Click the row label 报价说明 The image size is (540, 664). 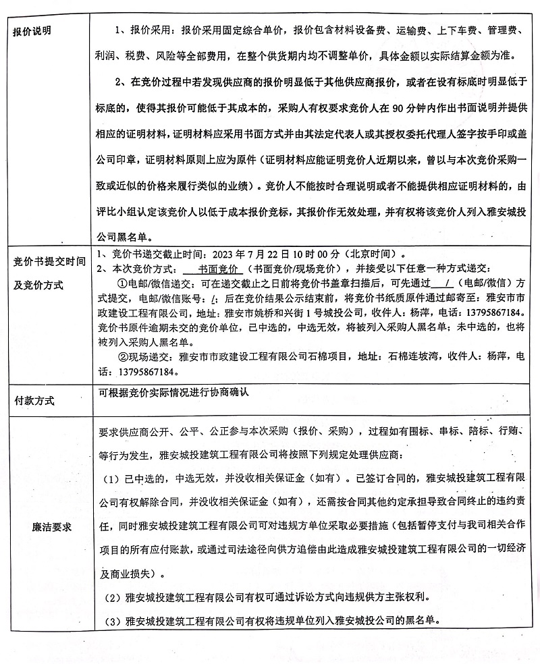[33, 31]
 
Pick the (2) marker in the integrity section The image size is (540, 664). [112, 598]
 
